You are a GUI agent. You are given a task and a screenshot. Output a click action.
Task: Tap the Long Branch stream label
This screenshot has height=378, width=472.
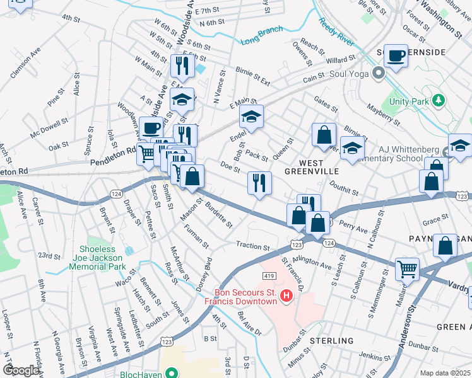click(x=261, y=36)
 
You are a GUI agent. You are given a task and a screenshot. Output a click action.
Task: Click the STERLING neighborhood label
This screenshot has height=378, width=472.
click(x=331, y=341)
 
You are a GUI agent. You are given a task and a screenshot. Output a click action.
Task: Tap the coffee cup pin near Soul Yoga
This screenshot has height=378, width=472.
click(x=396, y=55)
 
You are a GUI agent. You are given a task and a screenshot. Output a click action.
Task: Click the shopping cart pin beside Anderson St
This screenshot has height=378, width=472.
click(x=408, y=269)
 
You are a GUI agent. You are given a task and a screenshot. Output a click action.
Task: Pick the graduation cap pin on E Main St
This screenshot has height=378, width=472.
click(x=251, y=117)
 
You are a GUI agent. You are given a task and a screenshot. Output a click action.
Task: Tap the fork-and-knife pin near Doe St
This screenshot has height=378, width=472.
click(x=259, y=183)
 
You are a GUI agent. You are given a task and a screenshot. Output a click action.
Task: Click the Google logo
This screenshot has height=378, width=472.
click(x=20, y=370)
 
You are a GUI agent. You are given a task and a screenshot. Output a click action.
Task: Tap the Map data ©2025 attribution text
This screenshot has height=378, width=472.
click(x=445, y=373)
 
